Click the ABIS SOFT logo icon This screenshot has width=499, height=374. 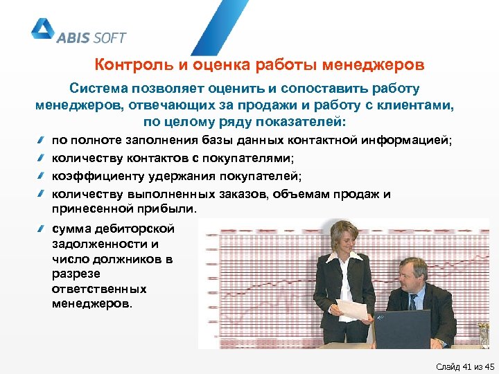tap(42, 30)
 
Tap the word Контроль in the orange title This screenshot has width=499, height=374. tap(126, 66)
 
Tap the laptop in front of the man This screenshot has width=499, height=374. tap(402, 329)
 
